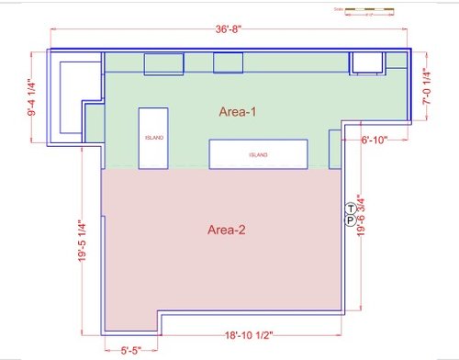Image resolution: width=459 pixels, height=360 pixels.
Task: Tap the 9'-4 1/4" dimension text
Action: (33, 99)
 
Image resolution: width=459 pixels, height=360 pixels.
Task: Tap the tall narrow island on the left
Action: (153, 138)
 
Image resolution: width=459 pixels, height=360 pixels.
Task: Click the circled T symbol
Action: (351, 208)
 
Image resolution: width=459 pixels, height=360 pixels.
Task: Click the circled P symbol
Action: (351, 220)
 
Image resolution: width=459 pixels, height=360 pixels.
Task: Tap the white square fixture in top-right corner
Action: (367, 62)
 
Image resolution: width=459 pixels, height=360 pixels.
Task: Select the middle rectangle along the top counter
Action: (228, 62)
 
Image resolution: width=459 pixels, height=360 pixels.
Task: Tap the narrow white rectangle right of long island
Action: (334, 144)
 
